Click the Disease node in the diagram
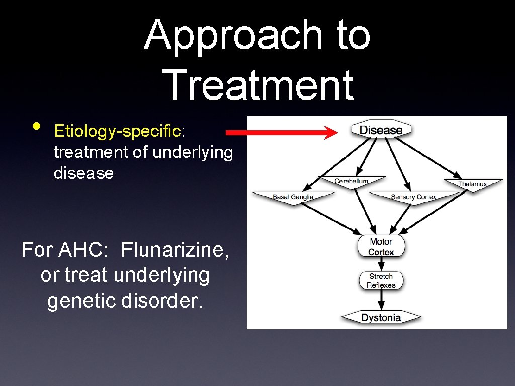pos(381,130)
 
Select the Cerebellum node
pos(352,181)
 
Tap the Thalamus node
pos(472,184)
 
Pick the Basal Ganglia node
pos(293,197)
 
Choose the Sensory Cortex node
pos(413,197)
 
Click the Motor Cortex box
pos(381,247)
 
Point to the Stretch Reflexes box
pos(381,281)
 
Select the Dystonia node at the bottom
pos(381,317)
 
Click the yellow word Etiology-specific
pos(117,132)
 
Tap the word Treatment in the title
pos(259,84)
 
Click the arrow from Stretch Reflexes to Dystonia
pos(381,301)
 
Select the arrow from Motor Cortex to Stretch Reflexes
pos(381,264)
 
